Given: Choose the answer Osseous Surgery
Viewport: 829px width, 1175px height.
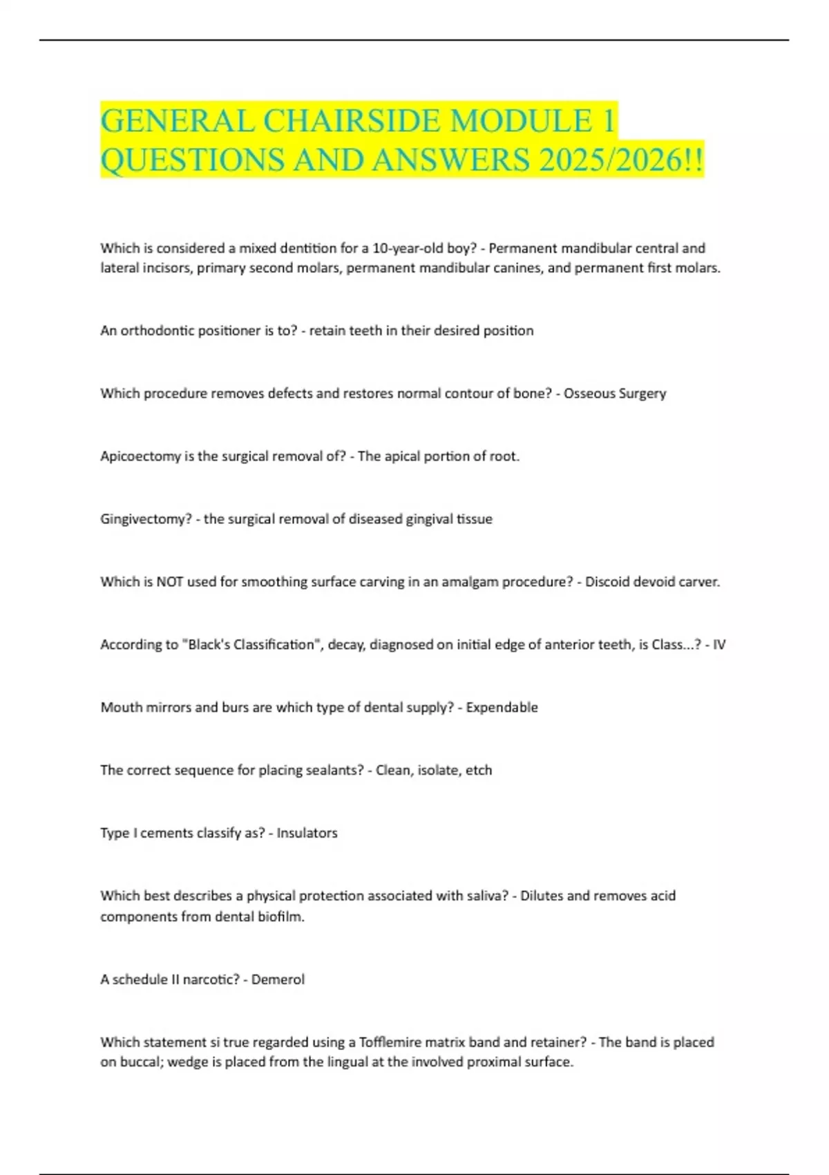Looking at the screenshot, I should pos(615,393).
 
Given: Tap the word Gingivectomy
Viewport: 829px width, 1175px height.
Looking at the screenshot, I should pos(145,519).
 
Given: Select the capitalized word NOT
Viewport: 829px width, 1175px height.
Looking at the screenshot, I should pos(169,582).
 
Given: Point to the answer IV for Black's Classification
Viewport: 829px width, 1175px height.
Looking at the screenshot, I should pos(719,645).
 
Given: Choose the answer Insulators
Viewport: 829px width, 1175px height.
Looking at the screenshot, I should pos(307,833).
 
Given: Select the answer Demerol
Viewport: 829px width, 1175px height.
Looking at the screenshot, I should pos(278,979).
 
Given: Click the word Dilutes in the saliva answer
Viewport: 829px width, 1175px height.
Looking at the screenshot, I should pos(542,896).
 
